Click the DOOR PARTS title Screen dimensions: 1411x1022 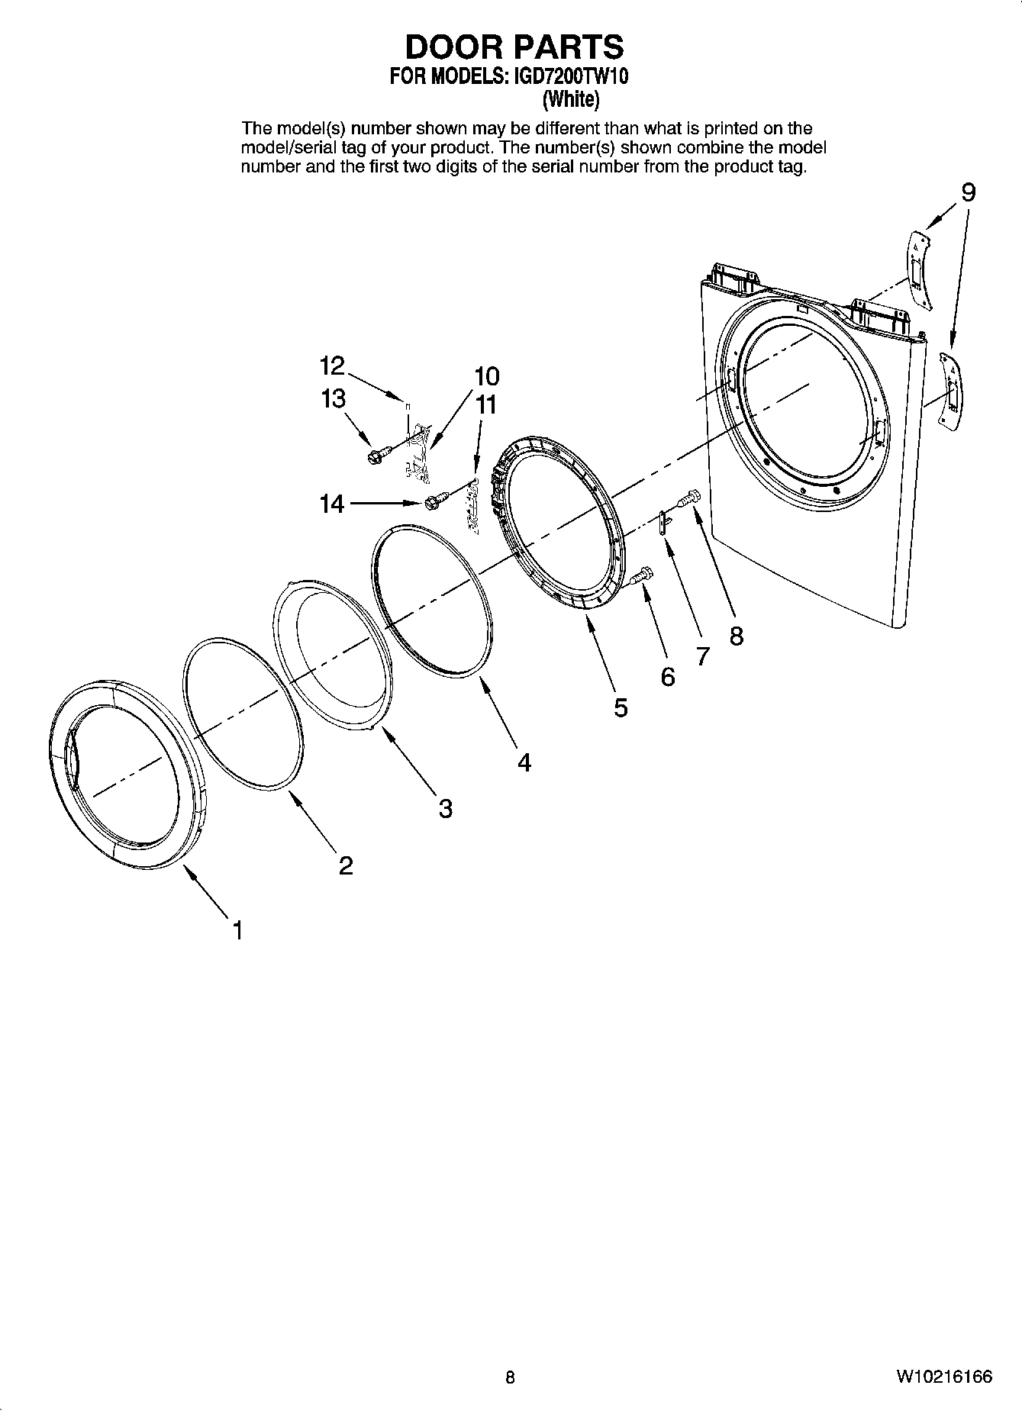[x=514, y=47]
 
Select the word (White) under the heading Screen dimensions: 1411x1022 [x=570, y=99]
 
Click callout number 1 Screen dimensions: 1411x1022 [x=237, y=930]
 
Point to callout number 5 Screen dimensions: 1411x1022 [x=621, y=707]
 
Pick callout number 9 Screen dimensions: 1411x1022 [x=967, y=192]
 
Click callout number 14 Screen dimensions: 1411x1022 [x=331, y=504]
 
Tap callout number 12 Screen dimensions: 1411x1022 [x=332, y=366]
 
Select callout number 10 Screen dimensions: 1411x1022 [x=486, y=376]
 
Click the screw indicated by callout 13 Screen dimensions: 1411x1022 [x=376, y=456]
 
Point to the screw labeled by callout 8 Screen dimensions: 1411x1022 [x=689, y=498]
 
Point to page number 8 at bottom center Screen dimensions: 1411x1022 [x=510, y=1377]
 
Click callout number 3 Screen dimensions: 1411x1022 [x=445, y=807]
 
